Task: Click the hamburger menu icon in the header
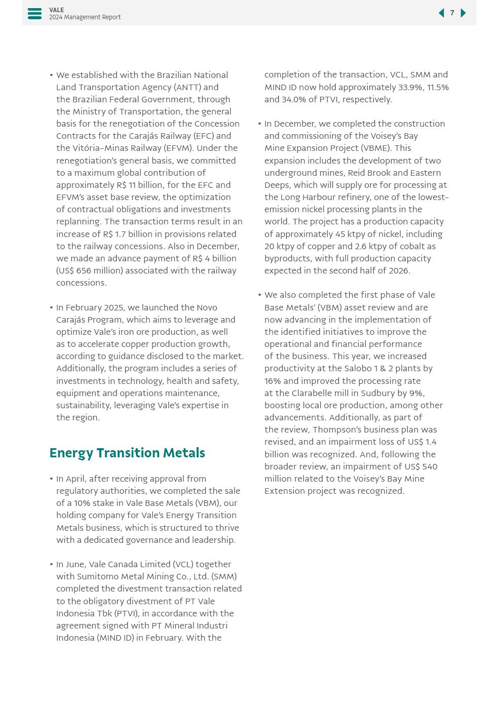(x=34, y=14)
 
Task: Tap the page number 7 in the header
(x=452, y=13)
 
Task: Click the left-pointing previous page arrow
(x=441, y=13)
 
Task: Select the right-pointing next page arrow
(x=463, y=13)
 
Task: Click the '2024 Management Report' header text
(x=85, y=17)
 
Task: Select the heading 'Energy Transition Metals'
(x=127, y=453)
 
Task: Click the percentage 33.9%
(x=410, y=88)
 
